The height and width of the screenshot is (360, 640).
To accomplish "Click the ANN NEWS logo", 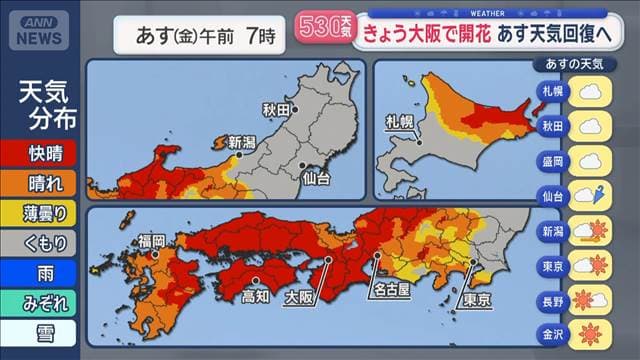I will tap(38, 31).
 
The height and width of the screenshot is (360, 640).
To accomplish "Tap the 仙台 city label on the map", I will tap(317, 179).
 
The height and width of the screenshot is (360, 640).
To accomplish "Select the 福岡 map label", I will tap(152, 241).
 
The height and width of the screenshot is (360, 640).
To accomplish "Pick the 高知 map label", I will tap(255, 296).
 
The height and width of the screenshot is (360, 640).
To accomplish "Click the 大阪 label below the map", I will tap(299, 297).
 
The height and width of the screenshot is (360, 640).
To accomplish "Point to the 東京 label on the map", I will tap(476, 297).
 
